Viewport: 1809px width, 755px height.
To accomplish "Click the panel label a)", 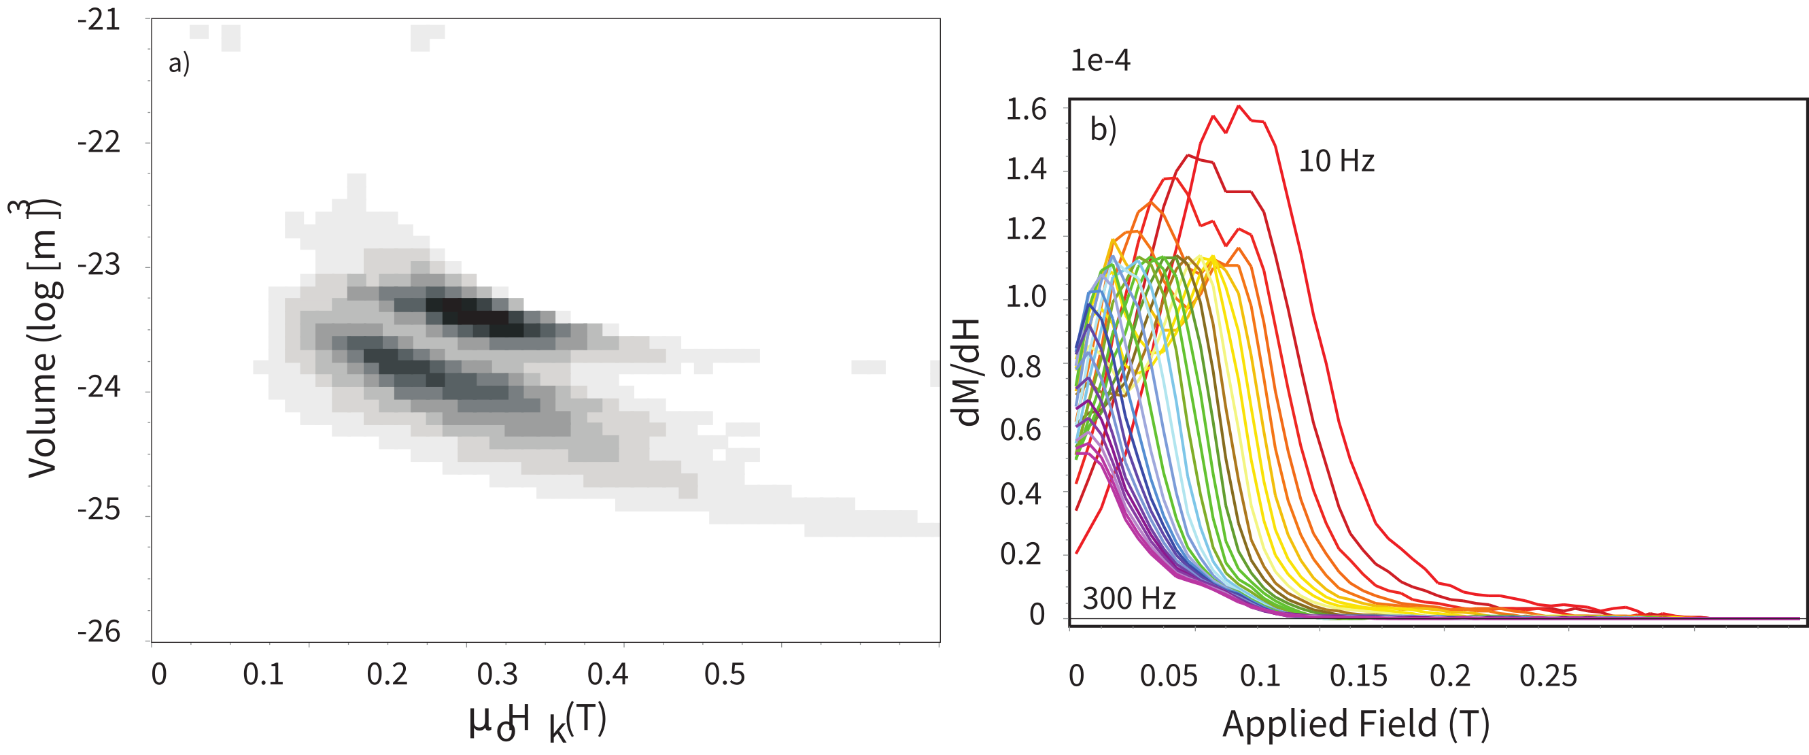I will tap(179, 63).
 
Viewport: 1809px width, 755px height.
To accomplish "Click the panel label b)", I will tap(1103, 129).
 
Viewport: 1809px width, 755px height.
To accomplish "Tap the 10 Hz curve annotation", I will tap(1336, 161).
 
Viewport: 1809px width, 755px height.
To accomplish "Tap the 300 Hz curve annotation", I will tap(1129, 599).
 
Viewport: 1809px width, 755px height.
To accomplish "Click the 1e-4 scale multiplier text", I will tap(1100, 61).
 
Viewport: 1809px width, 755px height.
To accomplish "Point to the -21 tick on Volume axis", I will tap(99, 20).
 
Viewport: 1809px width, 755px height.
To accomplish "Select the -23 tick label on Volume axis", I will tap(99, 265).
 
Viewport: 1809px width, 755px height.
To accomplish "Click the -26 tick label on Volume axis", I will tap(99, 632).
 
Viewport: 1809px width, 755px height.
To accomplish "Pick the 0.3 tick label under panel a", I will tap(497, 674).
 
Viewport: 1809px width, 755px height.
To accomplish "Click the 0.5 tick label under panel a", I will tap(724, 674).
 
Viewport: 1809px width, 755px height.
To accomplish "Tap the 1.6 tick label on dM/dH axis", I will tap(1025, 110).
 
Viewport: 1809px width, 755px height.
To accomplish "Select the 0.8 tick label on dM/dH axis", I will tap(1020, 367).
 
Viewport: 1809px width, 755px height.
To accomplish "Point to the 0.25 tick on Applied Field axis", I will tap(1548, 675).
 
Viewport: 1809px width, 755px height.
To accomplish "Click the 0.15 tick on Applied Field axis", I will tap(1358, 675).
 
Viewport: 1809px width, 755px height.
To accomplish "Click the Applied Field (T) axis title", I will tap(1356, 724).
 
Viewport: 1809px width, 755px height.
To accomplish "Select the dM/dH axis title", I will tap(967, 372).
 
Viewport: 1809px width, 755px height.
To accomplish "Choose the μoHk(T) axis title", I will tap(537, 721).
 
